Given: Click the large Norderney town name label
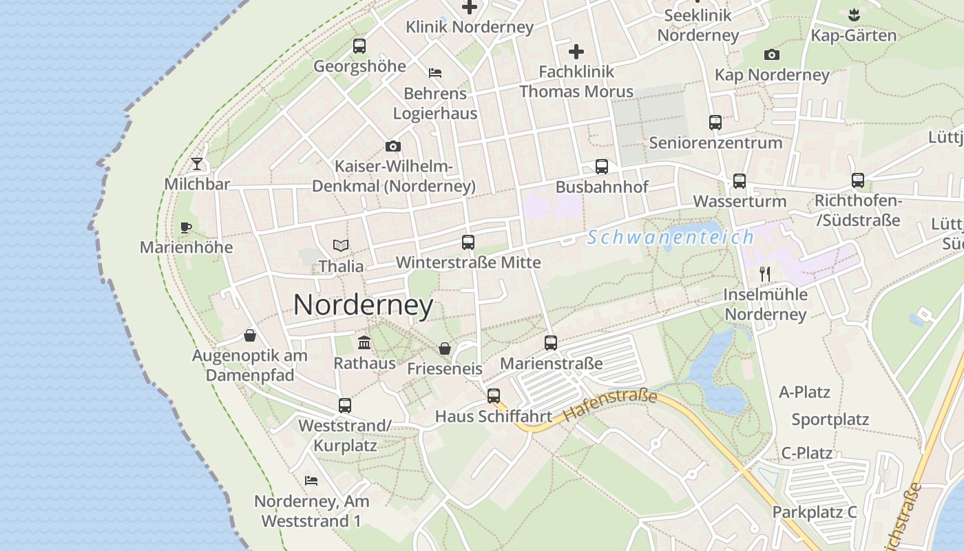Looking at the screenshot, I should click(363, 305).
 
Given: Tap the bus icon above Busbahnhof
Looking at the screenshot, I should click(601, 167).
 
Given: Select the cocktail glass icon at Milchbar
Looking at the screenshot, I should click(197, 164).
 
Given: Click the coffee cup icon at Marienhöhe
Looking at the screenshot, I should click(185, 227).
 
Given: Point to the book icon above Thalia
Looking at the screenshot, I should click(340, 245).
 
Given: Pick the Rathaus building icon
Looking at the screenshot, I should click(364, 343).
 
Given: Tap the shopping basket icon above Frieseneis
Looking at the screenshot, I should click(445, 349).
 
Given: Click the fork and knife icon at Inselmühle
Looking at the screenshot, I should click(764, 273).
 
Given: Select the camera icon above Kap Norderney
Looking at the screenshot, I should click(771, 54).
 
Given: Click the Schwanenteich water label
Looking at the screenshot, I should click(671, 238).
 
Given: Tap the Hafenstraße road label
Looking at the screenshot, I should click(609, 406).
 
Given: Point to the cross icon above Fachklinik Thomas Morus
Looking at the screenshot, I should click(576, 51).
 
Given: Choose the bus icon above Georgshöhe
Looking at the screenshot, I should click(359, 46).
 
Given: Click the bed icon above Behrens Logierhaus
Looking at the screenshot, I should click(434, 73).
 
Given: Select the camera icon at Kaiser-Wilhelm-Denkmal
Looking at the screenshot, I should click(392, 146).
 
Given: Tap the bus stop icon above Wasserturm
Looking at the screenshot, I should click(739, 181).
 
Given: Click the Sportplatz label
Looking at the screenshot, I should click(830, 419).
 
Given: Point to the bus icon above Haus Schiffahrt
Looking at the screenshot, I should click(493, 396).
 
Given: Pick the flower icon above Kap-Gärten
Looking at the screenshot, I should click(854, 14).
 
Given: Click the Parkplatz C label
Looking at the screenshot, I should click(814, 512).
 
